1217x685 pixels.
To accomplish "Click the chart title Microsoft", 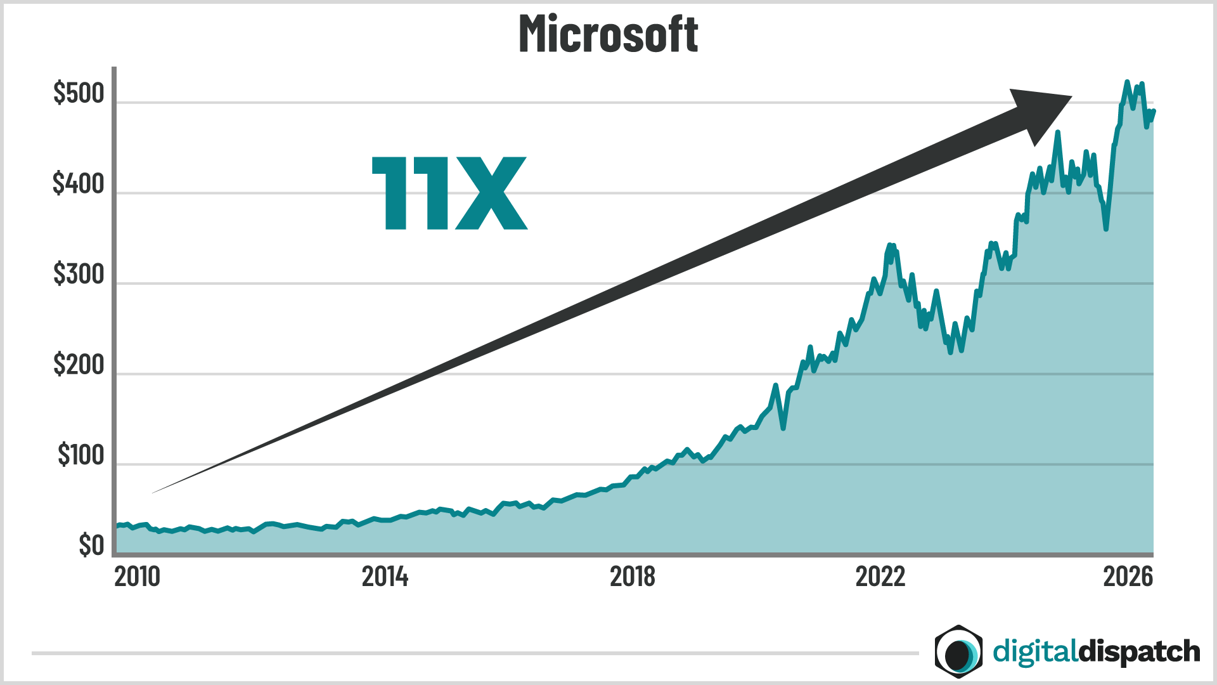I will pyautogui.click(x=608, y=34).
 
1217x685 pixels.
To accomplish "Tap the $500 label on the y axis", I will pyautogui.click(x=79, y=94).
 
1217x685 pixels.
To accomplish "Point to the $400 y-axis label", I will pyautogui.click(x=79, y=184).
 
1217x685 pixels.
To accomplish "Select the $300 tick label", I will pyautogui.click(x=79, y=275).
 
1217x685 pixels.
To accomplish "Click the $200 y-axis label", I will pyautogui.click(x=79, y=365).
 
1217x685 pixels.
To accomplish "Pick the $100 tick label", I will pyautogui.click(x=80, y=455).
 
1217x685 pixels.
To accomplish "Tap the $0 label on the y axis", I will pyautogui.click(x=91, y=545).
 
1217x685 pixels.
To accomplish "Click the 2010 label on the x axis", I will pyautogui.click(x=138, y=577).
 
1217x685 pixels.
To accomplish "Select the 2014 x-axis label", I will pyautogui.click(x=385, y=577).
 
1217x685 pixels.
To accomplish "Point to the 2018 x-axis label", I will pyautogui.click(x=632, y=577).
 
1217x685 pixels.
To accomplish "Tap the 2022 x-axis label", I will pyautogui.click(x=880, y=577).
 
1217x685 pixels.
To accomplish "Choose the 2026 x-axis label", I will pyautogui.click(x=1128, y=577).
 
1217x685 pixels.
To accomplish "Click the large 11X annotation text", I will pyautogui.click(x=449, y=193).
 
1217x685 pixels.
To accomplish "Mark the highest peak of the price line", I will pyautogui.click(x=1127, y=82).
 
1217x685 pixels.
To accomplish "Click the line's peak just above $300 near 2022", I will pyautogui.click(x=890, y=245).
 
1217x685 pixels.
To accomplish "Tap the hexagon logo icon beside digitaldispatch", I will pyautogui.click(x=958, y=651).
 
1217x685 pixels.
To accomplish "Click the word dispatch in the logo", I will pyautogui.click(x=1139, y=652).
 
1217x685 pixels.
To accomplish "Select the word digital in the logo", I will pyautogui.click(x=1034, y=652).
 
